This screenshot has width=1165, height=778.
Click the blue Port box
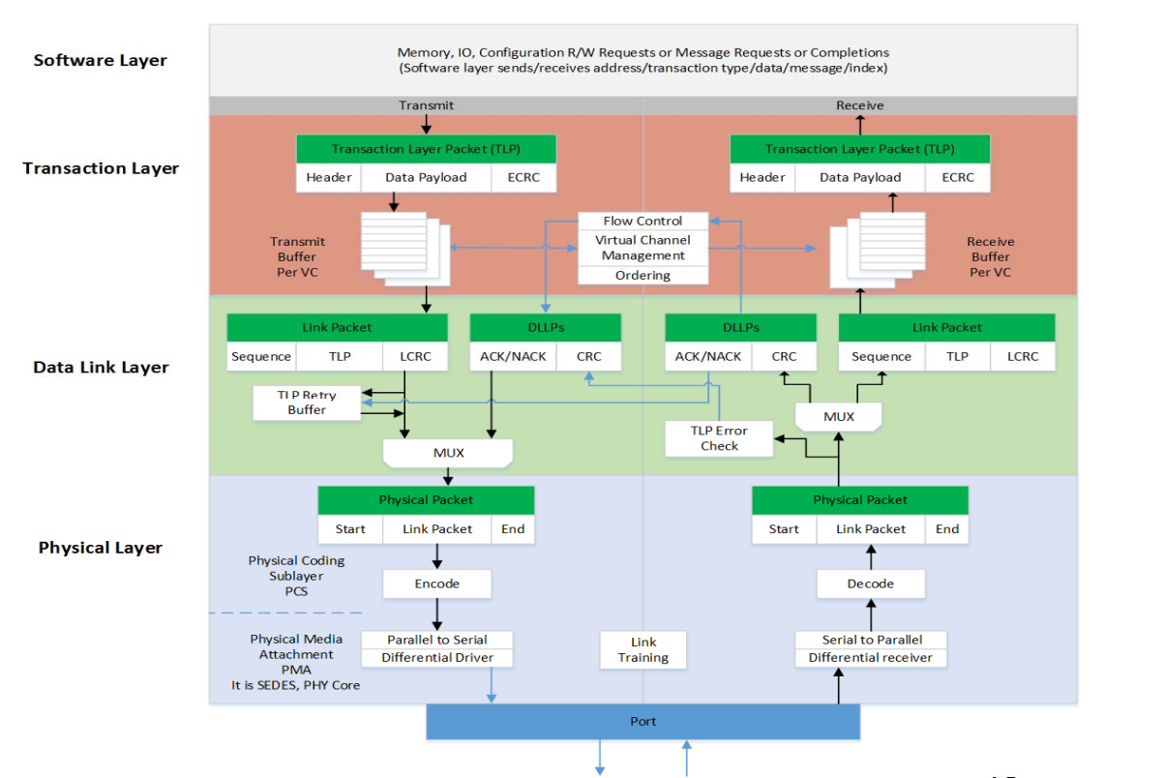coord(642,722)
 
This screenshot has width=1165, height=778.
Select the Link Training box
coord(643,649)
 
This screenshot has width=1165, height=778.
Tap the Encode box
coord(436,583)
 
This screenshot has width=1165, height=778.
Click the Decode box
coord(870,583)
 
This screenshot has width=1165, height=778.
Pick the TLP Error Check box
coord(719,438)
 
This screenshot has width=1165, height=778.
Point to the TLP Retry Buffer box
coord(307,403)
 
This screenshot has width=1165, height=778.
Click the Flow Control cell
coord(642,221)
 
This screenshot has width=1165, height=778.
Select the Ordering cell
coord(642,276)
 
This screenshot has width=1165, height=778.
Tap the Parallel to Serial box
coord(436,640)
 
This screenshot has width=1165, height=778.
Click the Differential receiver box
coord(870,658)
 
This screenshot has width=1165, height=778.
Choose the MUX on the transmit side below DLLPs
coord(448,452)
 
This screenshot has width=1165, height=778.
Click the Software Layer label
coord(101,60)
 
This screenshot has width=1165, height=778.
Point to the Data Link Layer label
coord(101,368)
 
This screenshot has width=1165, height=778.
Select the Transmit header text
coord(426,105)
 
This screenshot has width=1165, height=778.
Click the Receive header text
coord(859,105)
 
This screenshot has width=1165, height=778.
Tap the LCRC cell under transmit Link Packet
coord(415,356)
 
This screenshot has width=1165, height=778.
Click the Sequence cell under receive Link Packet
coord(881,356)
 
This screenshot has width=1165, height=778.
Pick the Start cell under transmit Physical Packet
coord(350,529)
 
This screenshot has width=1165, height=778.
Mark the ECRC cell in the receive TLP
coord(957,177)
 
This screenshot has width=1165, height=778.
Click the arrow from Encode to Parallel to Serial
coord(436,613)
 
